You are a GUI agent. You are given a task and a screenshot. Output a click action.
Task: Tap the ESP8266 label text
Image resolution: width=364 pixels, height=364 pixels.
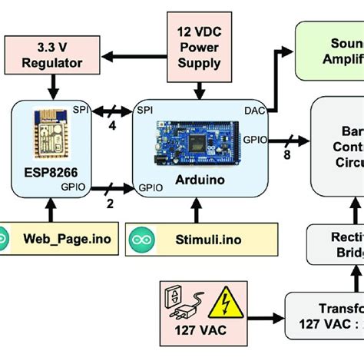44,167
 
